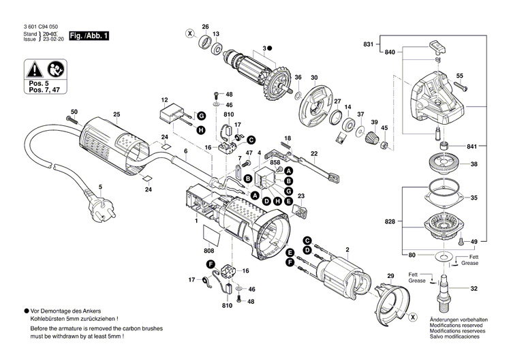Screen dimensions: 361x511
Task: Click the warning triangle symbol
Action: (33, 69)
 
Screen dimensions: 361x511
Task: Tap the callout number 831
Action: (369, 44)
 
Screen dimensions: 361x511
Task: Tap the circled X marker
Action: (190, 33)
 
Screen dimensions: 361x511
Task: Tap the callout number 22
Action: (314, 153)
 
